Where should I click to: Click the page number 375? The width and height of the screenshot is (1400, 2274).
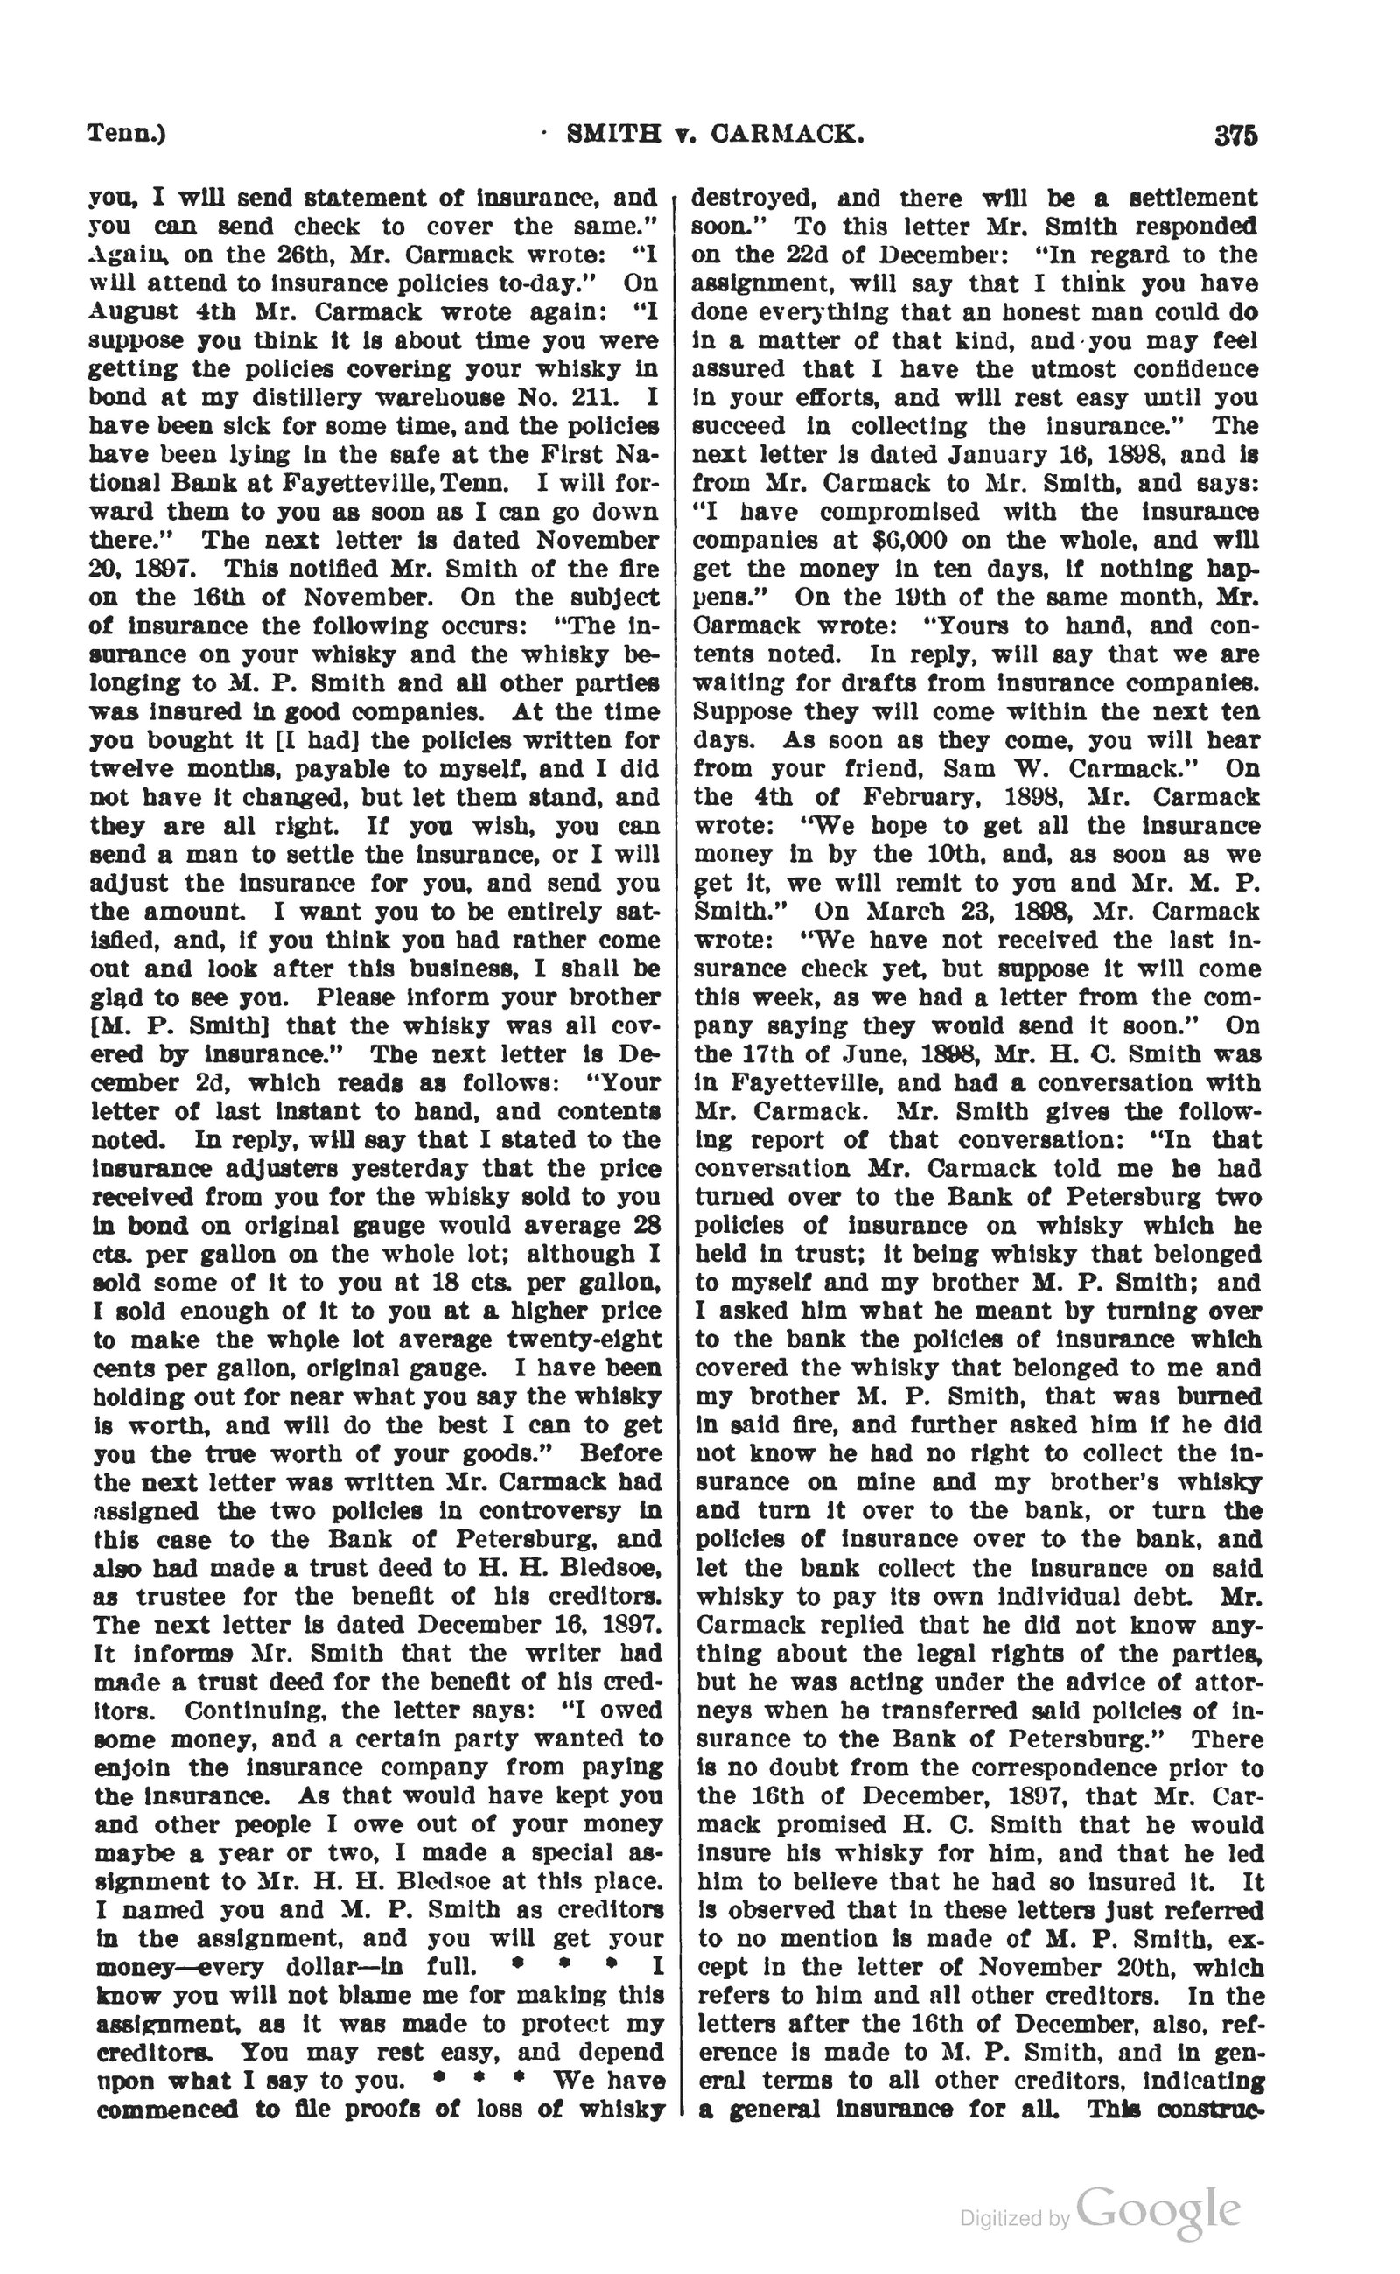[1235, 136]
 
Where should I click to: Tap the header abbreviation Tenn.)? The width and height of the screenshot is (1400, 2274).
[127, 134]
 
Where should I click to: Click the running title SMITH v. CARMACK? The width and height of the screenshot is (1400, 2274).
[715, 136]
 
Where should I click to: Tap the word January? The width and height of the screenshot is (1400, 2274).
[989, 456]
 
